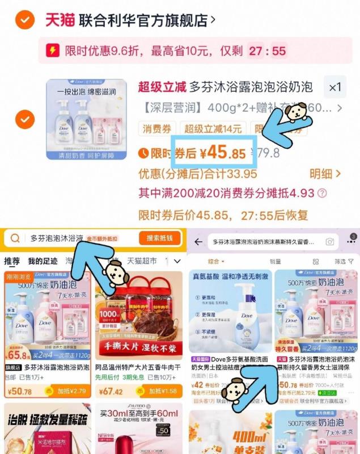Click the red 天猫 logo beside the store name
click(x=59, y=20)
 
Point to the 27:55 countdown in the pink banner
click(x=267, y=51)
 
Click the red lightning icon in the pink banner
click(x=52, y=51)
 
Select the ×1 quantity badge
click(x=335, y=88)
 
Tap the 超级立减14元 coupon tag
click(x=213, y=129)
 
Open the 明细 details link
click(x=325, y=174)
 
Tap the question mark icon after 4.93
click(x=322, y=194)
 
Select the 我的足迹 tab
click(x=43, y=262)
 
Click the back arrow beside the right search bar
click(x=198, y=242)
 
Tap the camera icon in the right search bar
click(x=329, y=242)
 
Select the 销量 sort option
click(x=276, y=262)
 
